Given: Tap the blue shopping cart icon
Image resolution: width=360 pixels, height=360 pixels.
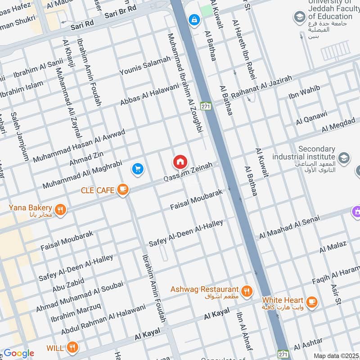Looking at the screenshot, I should pos(138,169).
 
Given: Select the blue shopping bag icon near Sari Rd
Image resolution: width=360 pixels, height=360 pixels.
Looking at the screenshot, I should pos(194,20).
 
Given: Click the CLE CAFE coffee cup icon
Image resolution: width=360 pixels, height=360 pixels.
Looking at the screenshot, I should pos(122,190).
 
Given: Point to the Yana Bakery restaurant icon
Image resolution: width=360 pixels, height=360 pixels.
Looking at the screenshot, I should pos(60,209).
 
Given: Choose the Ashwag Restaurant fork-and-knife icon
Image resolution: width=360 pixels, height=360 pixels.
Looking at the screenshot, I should pos(246,290).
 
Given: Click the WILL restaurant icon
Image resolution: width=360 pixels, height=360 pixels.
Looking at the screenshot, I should pos(72,347).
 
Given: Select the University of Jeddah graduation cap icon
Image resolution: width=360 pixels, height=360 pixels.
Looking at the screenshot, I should pos(298,18).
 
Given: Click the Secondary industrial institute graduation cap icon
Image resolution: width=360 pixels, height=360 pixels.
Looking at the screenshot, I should pos(344,157).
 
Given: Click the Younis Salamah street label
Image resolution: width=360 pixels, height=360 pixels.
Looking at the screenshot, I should pos(145,66).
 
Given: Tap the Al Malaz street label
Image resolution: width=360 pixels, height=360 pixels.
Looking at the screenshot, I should pos(333,247).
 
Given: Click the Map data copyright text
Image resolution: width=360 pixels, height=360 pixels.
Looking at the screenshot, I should pos(336,355).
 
